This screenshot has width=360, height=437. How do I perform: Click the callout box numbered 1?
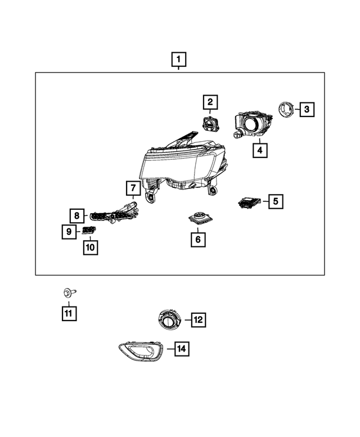pos(179,59)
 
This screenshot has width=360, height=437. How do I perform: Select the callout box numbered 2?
pos(210,102)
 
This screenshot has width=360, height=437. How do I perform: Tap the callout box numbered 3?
pos(306,109)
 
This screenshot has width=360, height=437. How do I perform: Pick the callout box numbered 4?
pos(259,150)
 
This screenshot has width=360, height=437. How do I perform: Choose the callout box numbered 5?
pos(275,201)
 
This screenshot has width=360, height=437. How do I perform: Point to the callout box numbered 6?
pos(197,239)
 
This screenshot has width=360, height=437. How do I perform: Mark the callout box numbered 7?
pos(132,188)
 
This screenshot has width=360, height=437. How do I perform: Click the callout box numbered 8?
pos(77,215)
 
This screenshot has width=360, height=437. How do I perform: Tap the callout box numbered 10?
pos(90,247)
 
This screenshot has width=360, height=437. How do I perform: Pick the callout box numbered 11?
pos(69,313)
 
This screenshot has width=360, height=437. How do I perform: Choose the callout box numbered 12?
pos(197,320)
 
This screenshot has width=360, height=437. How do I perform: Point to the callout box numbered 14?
pos(181,349)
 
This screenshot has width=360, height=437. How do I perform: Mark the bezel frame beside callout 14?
pos(140,353)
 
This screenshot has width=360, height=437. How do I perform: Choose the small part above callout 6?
pos(198,218)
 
